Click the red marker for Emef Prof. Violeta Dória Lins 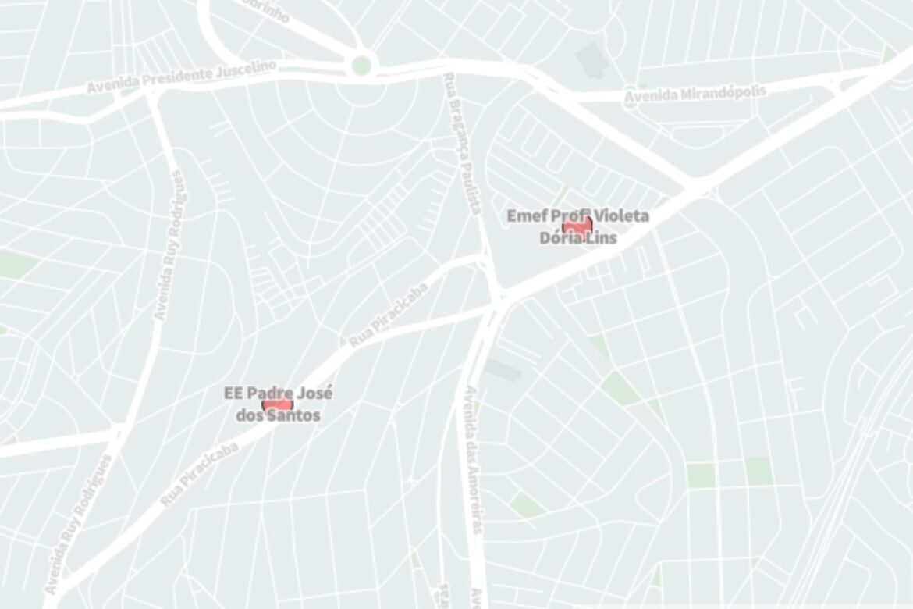coord(577,226)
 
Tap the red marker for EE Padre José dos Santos coord(277,404)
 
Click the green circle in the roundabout coord(361,65)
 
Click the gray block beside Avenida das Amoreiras coord(503,370)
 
